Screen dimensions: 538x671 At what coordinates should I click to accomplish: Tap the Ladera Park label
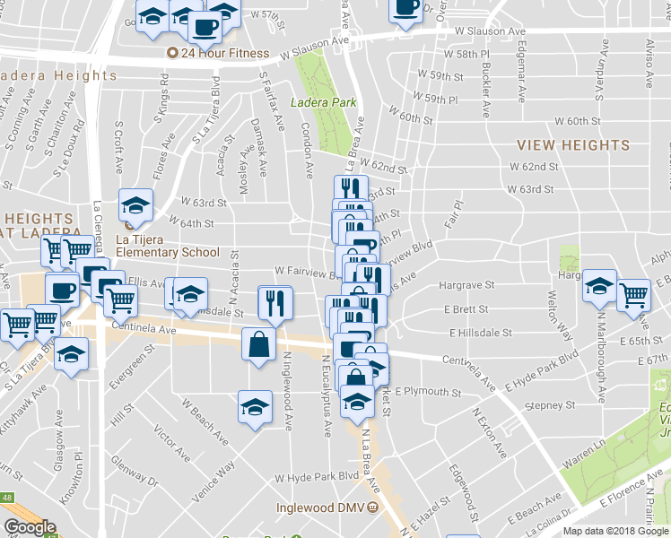(324, 102)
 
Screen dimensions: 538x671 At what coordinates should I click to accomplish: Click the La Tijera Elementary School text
(168, 252)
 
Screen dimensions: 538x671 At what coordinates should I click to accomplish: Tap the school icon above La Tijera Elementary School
(136, 205)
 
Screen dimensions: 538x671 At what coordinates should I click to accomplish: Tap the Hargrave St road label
(466, 285)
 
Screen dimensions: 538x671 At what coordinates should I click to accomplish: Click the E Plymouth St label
(427, 392)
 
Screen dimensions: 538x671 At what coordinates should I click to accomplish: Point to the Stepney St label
(550, 405)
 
